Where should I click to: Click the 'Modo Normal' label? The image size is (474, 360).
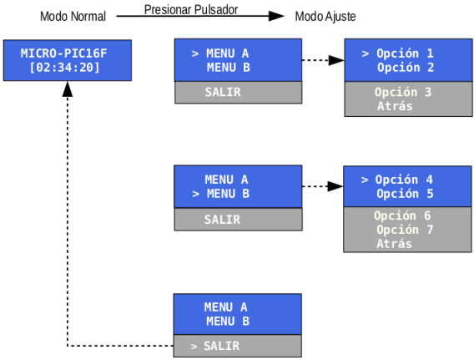(73, 17)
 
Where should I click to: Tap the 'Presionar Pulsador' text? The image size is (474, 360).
(191, 10)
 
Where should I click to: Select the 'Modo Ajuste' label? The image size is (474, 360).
(325, 17)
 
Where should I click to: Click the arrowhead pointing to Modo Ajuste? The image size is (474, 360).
(276, 16)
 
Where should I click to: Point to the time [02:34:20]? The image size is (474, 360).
(64, 67)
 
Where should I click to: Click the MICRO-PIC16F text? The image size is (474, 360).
(63, 53)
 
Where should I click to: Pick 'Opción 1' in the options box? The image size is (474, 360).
(405, 53)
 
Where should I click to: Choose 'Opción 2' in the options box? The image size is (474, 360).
(406, 67)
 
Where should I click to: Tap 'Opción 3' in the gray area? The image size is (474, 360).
(403, 92)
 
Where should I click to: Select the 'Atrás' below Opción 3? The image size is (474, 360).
(395, 106)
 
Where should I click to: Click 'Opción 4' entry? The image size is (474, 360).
(404, 180)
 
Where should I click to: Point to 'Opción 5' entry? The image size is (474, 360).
(405, 194)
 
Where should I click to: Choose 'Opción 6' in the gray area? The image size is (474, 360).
(402, 215)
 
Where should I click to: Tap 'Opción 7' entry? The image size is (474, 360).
(405, 230)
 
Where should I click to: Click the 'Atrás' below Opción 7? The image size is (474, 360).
(394, 244)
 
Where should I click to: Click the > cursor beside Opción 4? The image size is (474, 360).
(365, 180)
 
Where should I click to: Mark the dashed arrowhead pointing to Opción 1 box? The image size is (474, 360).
(336, 60)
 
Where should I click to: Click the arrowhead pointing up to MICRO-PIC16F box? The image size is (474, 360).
(67, 89)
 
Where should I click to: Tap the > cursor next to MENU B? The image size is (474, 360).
(195, 194)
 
